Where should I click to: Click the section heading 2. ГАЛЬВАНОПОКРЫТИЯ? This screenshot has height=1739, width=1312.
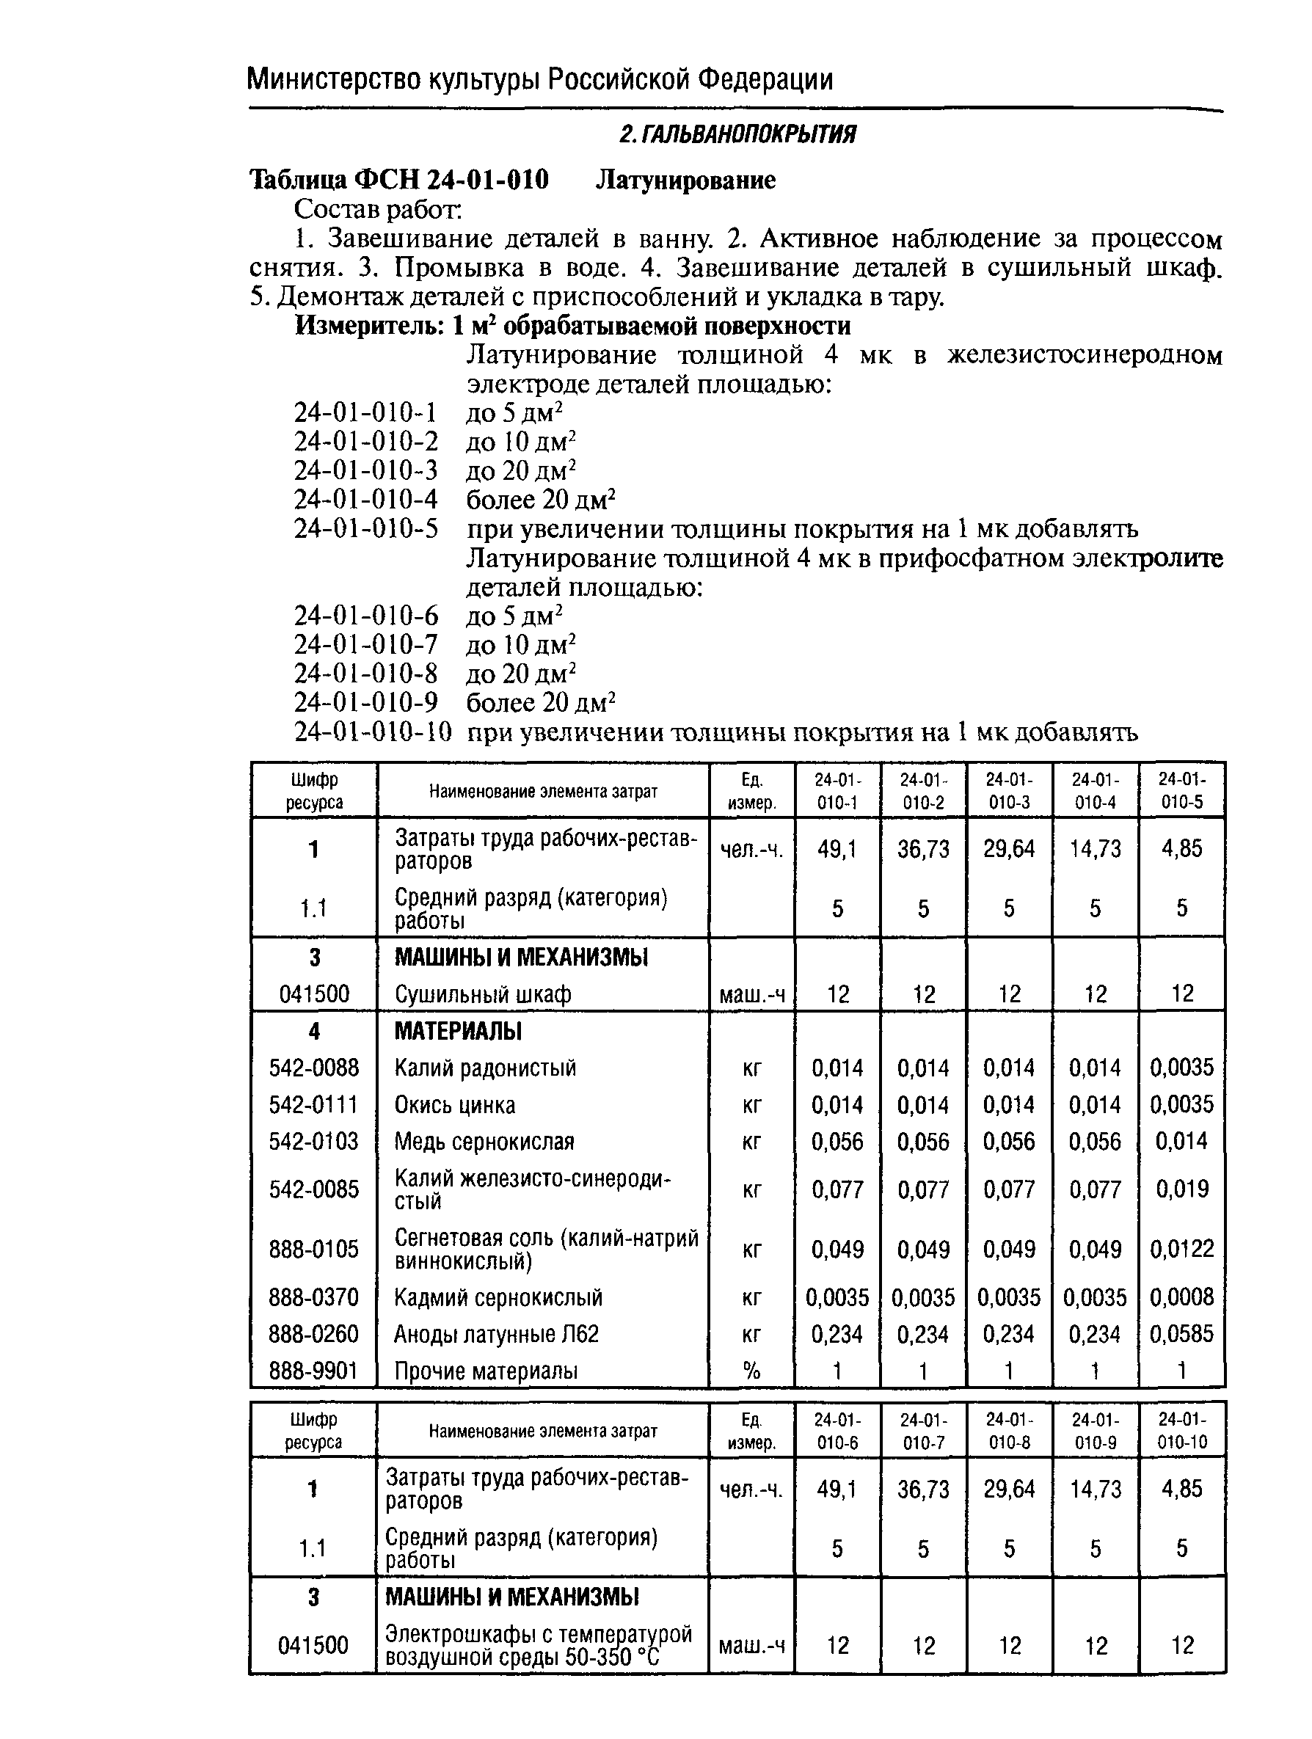[x=737, y=135]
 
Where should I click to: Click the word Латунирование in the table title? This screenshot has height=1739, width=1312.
[x=685, y=180]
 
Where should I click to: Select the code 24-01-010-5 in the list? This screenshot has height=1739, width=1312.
[x=365, y=528]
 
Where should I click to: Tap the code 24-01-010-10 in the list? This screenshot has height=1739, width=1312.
[x=373, y=732]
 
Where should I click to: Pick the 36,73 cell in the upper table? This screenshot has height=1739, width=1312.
[x=923, y=849]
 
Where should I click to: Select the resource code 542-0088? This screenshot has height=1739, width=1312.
[x=313, y=1068]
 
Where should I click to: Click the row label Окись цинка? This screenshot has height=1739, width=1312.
[x=454, y=1104]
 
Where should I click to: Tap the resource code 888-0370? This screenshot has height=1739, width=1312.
[x=313, y=1297]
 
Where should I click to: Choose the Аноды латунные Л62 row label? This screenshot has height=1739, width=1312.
[x=496, y=1334]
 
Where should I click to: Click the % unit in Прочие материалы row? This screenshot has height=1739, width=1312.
[x=751, y=1371]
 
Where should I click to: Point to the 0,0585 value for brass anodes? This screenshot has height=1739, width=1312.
[x=1181, y=1334]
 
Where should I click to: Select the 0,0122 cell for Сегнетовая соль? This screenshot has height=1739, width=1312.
[x=1181, y=1249]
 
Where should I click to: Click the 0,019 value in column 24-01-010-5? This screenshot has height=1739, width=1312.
[x=1181, y=1189]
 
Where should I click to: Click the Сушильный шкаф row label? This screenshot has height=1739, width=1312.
[x=482, y=994]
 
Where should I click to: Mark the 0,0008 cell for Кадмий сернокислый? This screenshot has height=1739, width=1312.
[x=1181, y=1297]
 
